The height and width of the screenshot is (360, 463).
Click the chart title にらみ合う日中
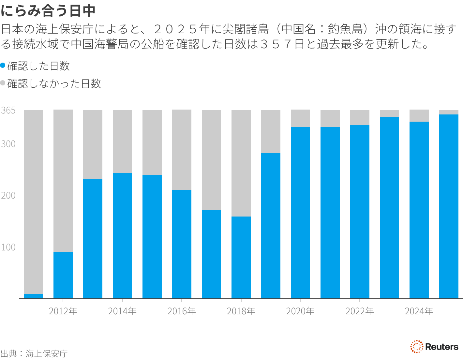48,11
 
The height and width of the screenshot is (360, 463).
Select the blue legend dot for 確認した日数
3,66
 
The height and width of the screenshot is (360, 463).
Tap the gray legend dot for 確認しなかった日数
3,83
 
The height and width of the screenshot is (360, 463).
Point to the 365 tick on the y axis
8,111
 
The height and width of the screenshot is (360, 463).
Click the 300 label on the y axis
8,144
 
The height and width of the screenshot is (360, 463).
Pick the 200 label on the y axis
8,195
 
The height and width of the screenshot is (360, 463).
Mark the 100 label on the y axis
8,247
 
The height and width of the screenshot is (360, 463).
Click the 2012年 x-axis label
63,311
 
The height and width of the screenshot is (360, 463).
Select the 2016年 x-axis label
182,311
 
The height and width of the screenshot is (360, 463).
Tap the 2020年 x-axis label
300,311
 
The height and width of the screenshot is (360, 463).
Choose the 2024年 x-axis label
419,311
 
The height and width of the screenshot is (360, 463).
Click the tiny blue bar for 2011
33,296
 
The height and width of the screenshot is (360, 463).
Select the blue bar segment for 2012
63,275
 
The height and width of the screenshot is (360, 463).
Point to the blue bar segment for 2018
241,257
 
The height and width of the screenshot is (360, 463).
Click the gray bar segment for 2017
211,160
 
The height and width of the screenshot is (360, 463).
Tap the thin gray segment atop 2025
449,112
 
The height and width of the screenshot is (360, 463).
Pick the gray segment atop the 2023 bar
389,113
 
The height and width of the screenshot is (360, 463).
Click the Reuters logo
434,347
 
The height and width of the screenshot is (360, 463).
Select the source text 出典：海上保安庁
34,353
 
